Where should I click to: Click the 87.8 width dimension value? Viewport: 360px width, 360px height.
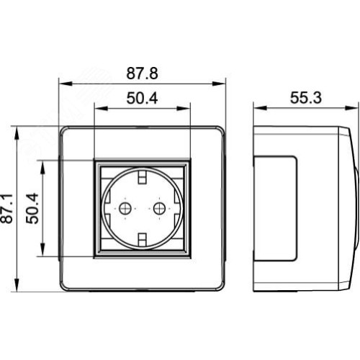coord(142,73)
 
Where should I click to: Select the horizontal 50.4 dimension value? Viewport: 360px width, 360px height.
coord(142,98)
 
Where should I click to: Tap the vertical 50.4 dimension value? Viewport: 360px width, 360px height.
coord(32,208)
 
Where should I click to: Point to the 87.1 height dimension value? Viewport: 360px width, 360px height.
coord(6,208)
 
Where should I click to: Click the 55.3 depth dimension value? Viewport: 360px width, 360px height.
coord(306,98)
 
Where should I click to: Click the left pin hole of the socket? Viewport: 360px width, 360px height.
coord(125,208)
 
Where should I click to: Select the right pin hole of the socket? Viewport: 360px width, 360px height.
coord(159,208)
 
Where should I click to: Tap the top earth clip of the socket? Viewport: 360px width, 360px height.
coord(142,176)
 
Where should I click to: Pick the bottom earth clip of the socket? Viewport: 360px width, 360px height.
coord(142,240)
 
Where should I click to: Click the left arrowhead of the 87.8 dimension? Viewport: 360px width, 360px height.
coord(66,84)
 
